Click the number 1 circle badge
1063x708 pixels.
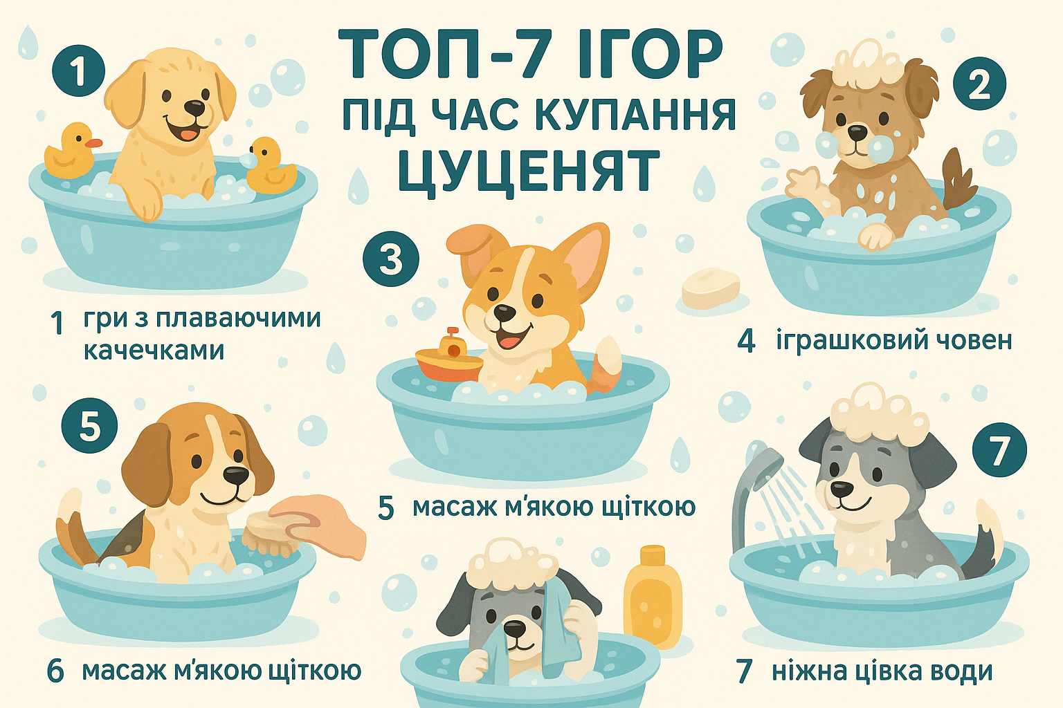(78, 71)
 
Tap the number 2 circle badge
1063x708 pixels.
(979, 84)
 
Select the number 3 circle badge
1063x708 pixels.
(390, 259)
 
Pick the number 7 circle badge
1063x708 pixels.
(999, 450)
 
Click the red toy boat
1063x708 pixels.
(449, 355)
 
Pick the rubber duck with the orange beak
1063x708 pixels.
(72, 151)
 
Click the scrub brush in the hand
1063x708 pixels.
(269, 533)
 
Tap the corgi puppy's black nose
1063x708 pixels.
(504, 312)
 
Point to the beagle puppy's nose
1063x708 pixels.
(236, 476)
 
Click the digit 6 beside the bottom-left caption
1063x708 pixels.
(55, 671)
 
